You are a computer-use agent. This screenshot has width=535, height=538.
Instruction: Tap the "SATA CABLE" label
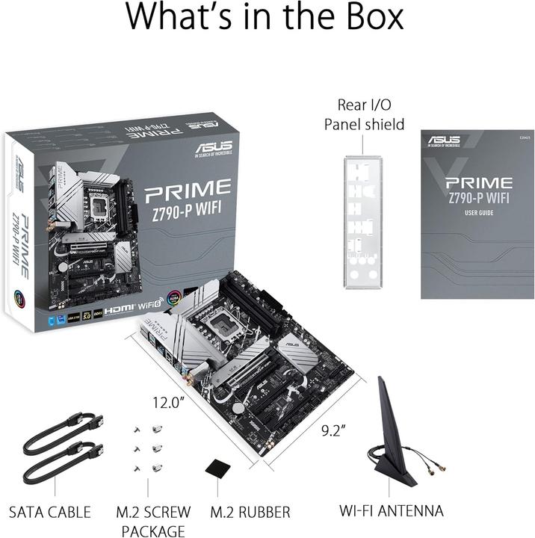(49, 512)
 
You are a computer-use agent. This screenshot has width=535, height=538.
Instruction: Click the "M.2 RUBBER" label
(250, 512)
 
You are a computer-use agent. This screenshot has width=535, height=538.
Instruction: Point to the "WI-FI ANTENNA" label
(392, 511)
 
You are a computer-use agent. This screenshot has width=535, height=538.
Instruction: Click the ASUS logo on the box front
(213, 146)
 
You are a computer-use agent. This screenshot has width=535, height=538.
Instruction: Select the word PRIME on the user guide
(479, 183)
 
